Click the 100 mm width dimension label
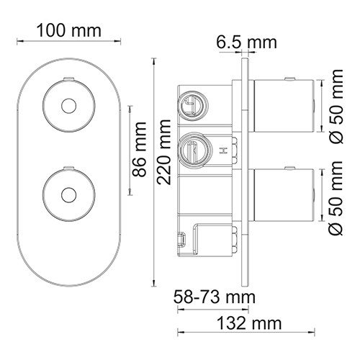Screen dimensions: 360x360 tap(69, 31)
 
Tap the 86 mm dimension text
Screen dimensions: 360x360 tap(139, 150)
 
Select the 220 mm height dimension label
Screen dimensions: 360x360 tap(164, 152)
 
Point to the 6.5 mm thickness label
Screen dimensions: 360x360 tap(247, 42)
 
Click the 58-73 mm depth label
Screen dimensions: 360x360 tap(215, 297)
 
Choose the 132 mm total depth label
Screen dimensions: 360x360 tap(249, 323)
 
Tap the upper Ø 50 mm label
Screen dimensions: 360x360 tap(336, 107)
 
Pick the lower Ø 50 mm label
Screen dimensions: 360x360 tap(336, 198)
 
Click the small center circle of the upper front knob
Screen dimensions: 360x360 tap(69, 106)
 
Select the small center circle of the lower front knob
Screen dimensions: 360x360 tap(69, 194)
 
